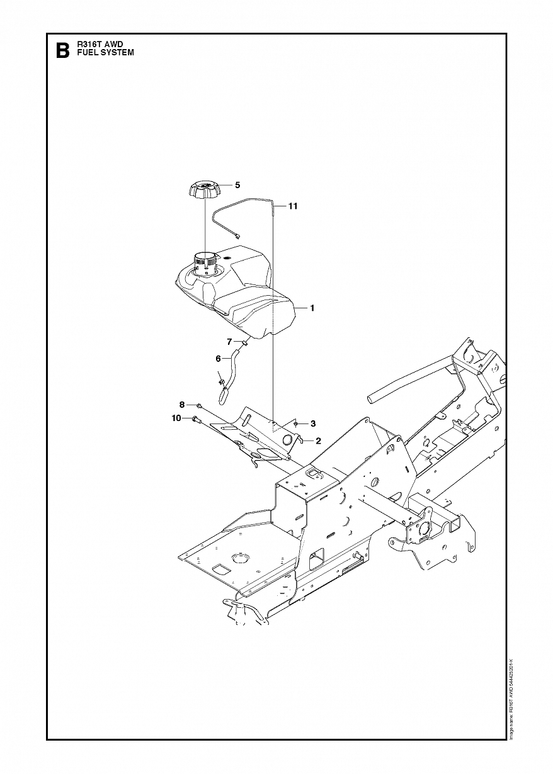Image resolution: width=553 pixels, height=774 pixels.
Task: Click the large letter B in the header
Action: (x=62, y=50)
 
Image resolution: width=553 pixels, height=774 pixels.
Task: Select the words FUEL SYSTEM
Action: (x=105, y=53)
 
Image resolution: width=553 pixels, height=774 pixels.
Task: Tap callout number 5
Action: (x=237, y=185)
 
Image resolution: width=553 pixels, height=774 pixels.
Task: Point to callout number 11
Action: (x=294, y=206)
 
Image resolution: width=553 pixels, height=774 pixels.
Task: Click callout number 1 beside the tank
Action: (x=312, y=308)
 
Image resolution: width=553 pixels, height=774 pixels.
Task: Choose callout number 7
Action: (x=231, y=341)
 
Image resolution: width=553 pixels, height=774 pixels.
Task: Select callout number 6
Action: (x=219, y=358)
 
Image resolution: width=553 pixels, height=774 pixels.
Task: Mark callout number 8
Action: (x=182, y=404)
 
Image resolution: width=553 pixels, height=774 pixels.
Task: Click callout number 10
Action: (x=176, y=418)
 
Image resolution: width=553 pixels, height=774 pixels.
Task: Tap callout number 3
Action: (x=313, y=423)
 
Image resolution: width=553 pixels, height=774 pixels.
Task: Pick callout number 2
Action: (x=319, y=441)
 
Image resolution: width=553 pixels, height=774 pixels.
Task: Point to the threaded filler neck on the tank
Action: (x=205, y=261)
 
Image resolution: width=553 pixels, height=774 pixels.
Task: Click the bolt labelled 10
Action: (x=195, y=419)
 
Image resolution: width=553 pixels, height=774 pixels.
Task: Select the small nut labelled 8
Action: (x=198, y=406)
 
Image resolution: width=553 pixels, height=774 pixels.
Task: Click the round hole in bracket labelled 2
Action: (x=289, y=440)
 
